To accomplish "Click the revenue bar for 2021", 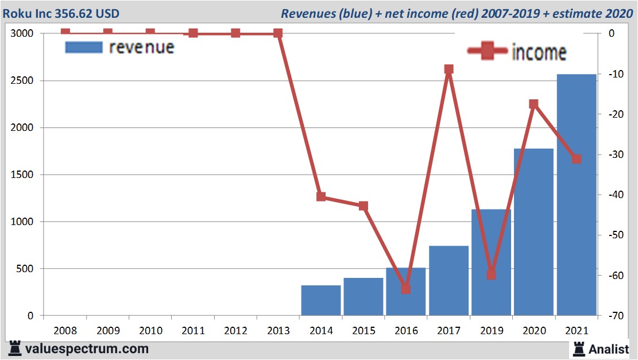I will [576, 195].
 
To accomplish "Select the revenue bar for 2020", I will [533, 232].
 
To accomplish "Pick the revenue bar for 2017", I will [448, 281].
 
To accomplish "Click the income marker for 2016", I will [406, 289].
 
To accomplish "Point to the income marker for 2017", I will [448, 69].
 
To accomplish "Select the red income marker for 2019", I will [491, 274].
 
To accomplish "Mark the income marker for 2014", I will [321, 197].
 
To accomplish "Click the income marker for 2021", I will [577, 158].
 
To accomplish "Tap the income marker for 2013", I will [278, 33].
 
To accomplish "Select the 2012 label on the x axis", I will [235, 331].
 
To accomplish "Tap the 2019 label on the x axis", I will [491, 331].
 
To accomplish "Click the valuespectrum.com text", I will [87, 349].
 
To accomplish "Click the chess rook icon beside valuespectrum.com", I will [15, 348].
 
